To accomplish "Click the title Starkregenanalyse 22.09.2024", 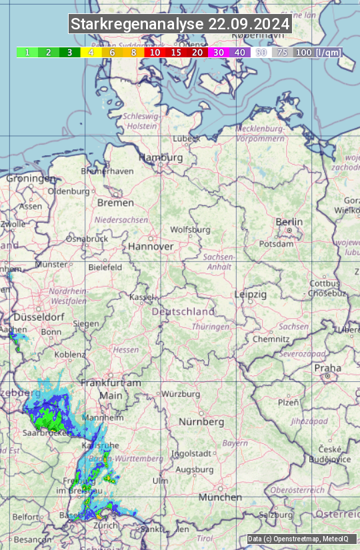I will coord(180,25).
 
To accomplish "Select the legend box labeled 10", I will coord(155,52).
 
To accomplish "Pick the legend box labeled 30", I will coord(218,52).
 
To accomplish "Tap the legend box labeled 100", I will coord(303,52).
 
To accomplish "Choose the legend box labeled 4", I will coord(91,52).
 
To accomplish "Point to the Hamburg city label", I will coord(161,157).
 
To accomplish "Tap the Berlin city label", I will coord(289,222).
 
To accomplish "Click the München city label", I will coord(220,497).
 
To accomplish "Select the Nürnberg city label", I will coord(201,422).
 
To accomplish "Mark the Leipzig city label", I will coord(251,294).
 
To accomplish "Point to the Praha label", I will coord(327,368).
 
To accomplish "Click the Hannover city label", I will coord(151,246).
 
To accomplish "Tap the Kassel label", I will coord(141,297).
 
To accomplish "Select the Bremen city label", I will coord(115,202).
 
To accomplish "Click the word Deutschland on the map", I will coord(183,311).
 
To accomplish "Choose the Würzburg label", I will coord(181,394).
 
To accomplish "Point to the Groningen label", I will coord(31,179).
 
